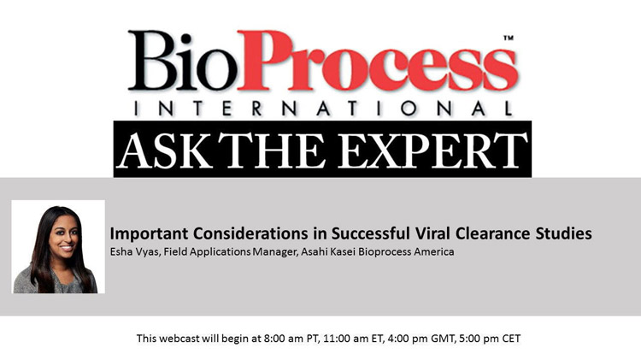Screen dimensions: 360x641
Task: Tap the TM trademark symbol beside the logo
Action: click(x=508, y=39)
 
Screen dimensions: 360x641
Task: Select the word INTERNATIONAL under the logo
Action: click(x=320, y=109)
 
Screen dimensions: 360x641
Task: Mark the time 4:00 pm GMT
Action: click(x=406, y=339)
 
